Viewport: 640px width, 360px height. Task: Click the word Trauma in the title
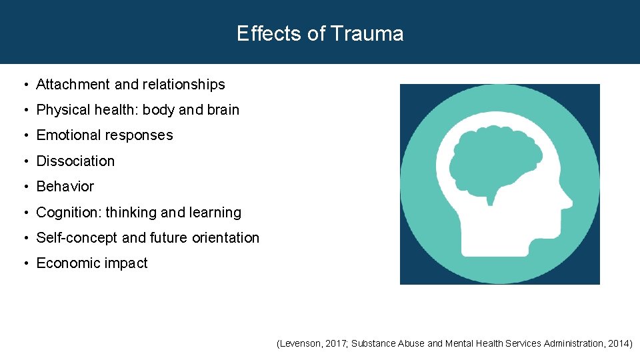[x=367, y=33]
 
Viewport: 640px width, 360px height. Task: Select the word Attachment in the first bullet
[x=73, y=85]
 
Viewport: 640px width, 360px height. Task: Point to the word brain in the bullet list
[x=222, y=110]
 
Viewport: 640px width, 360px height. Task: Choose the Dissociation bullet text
[x=75, y=161]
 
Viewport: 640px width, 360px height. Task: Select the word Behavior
[x=65, y=187]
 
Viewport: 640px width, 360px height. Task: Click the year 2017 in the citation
[x=335, y=344]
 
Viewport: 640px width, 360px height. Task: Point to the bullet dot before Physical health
[x=24, y=111]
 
